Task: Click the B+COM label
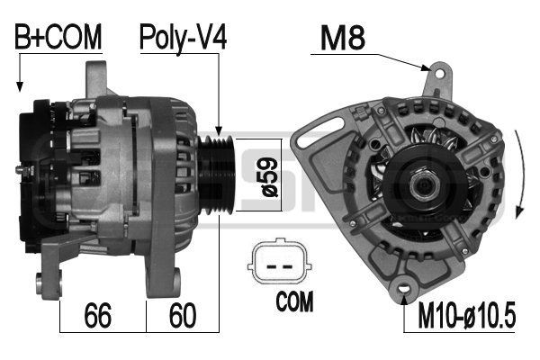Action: [x=58, y=37]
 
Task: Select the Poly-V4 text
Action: [x=183, y=38]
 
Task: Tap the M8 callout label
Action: [x=343, y=38]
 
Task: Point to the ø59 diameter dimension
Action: [x=270, y=175]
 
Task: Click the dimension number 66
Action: [x=98, y=315]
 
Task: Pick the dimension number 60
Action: [x=183, y=315]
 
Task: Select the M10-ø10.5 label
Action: [x=466, y=315]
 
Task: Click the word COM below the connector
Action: [x=294, y=301]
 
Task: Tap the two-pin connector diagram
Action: [x=280, y=261]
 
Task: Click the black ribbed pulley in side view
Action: [x=217, y=175]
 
